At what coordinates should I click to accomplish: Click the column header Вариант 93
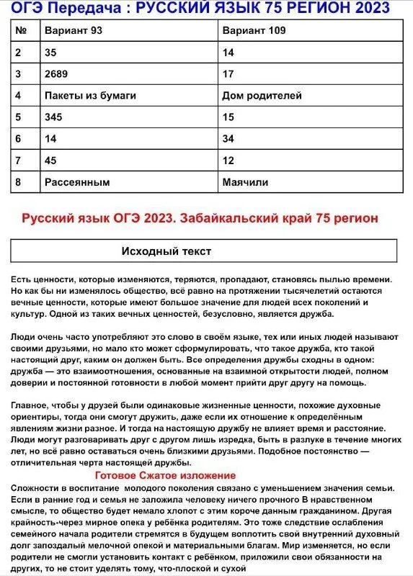pyautogui.click(x=74, y=31)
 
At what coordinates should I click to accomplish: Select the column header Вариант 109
pyautogui.click(x=254, y=31)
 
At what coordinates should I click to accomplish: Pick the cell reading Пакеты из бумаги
pyautogui.click(x=90, y=95)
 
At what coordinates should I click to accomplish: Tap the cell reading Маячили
pyautogui.click(x=245, y=182)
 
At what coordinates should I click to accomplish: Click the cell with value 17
pyautogui.click(x=228, y=73)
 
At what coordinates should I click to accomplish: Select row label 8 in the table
pyautogui.click(x=18, y=182)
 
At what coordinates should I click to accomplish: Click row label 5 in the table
pyautogui.click(x=18, y=117)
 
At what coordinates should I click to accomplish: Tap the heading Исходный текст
pyautogui.click(x=166, y=251)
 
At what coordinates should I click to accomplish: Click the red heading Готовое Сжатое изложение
pyautogui.click(x=165, y=475)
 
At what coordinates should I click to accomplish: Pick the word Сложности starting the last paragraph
pyautogui.click(x=35, y=487)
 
